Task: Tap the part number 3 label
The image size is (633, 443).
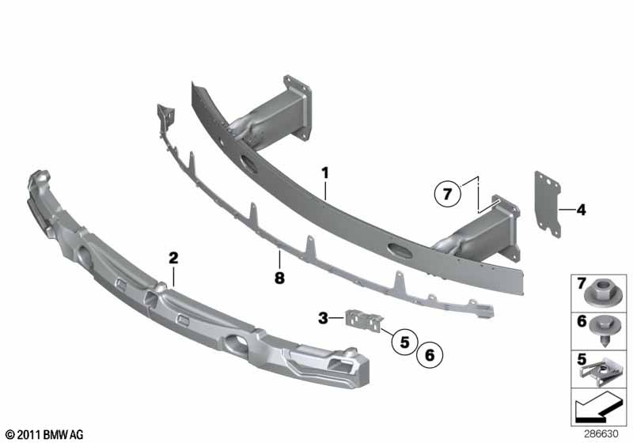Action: (x=323, y=318)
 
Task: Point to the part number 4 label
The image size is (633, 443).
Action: (x=581, y=210)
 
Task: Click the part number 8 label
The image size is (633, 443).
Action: (x=279, y=278)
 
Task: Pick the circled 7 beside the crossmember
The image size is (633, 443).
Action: (x=447, y=193)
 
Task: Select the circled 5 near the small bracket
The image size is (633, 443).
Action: (x=404, y=343)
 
